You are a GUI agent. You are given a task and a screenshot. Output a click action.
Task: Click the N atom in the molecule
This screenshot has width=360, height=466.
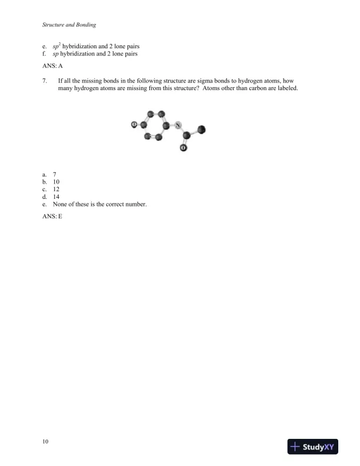[177, 125]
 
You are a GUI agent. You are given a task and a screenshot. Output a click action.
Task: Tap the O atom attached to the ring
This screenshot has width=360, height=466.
[134, 125]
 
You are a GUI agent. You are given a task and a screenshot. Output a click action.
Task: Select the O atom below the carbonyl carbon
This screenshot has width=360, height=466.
[183, 148]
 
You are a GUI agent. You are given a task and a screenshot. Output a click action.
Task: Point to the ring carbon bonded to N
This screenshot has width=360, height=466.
[166, 125]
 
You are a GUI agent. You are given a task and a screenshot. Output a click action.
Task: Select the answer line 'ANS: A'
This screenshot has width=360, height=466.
[52, 66]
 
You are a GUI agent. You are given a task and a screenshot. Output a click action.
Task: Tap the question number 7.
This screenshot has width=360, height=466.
[45, 80]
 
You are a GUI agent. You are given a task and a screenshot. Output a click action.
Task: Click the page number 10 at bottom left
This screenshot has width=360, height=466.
[45, 441]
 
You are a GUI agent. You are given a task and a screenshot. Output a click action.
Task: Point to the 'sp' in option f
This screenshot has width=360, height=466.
[56, 53]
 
